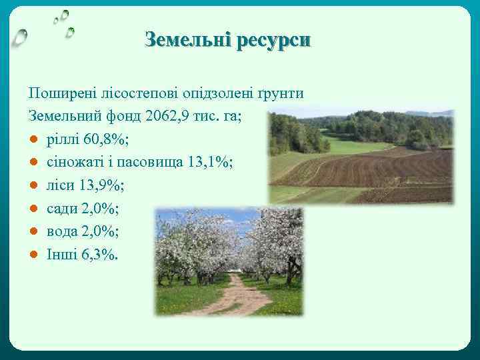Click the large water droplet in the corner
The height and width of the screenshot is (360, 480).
(21, 37)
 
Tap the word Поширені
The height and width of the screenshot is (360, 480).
(57, 93)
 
